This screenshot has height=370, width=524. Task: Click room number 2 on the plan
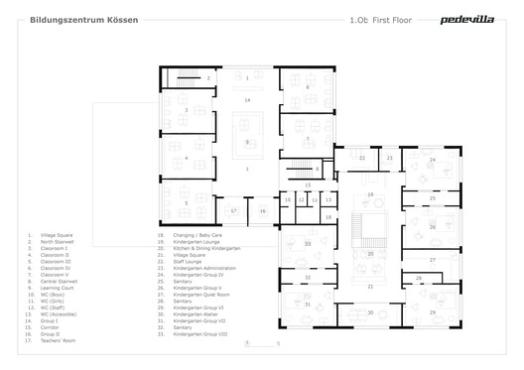pos(208,77)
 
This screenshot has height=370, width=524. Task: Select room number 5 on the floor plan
pos(185,202)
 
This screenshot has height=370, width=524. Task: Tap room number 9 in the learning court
pos(247,143)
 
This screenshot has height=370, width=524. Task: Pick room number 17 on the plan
pos(233,210)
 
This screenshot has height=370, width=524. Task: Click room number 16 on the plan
pos(263,211)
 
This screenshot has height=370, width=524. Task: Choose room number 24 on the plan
pos(432,159)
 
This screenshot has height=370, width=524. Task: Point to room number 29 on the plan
pos(433,312)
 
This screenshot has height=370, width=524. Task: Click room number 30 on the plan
pos(370,312)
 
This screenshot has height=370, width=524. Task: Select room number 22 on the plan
pos(362,159)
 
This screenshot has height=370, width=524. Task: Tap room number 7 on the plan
pos(247,170)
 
